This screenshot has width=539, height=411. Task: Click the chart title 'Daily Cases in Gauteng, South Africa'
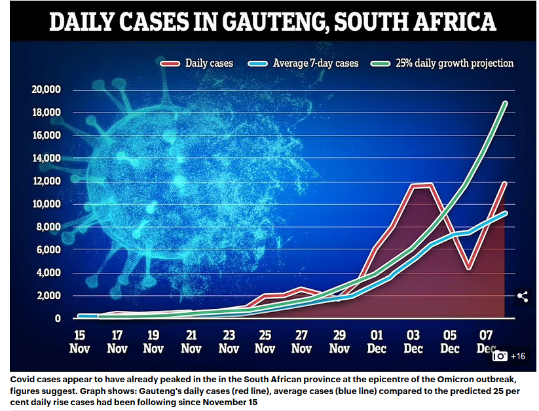[272, 22]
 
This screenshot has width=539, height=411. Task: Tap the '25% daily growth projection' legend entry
[443, 63]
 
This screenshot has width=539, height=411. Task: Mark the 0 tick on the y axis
[58, 319]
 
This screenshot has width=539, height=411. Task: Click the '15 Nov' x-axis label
[79, 340]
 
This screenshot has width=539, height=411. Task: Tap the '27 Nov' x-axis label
[303, 340]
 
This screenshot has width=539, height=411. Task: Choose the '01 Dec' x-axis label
[377, 340]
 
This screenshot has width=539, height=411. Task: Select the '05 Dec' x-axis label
[450, 340]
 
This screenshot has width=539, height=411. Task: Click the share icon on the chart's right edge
[523, 296]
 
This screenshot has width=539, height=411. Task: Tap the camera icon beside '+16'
[500, 356]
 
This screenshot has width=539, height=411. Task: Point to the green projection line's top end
[505, 103]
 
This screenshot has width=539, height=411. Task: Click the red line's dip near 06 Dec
[468, 268]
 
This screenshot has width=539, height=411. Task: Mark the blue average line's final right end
[505, 213]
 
